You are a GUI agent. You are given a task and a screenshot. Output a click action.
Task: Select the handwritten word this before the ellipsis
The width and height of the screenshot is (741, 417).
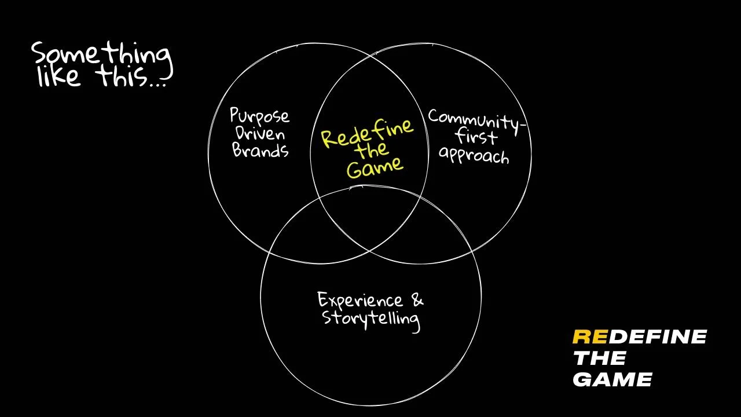[122, 77]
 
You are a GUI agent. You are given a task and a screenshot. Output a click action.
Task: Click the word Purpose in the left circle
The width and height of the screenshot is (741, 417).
[259, 116]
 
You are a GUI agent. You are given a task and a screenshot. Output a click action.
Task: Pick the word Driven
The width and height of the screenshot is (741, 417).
[259, 134]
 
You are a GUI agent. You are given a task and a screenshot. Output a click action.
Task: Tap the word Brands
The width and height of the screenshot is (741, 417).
[261, 151]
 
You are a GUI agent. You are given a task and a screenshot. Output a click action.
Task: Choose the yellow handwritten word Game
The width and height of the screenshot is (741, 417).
[375, 167]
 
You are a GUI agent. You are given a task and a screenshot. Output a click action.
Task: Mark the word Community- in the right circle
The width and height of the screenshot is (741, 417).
[474, 120]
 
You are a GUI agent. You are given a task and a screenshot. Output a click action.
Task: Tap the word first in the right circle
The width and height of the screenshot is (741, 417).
[476, 138]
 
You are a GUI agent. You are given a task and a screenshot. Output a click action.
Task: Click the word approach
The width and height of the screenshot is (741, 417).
[474, 155]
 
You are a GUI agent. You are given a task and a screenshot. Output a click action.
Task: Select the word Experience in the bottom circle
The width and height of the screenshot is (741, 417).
[360, 301]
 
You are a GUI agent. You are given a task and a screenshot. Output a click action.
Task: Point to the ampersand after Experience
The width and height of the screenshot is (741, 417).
[417, 299]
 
